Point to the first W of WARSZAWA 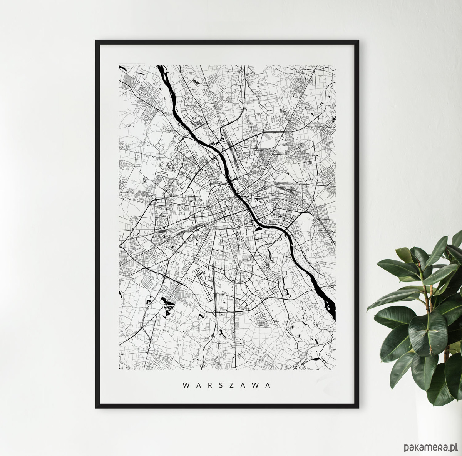pos(185,385)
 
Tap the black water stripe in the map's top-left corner pos(123,69)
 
